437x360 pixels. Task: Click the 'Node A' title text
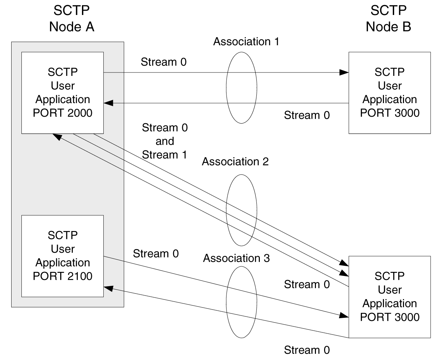(x=71, y=27)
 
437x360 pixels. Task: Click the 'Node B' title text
(x=388, y=27)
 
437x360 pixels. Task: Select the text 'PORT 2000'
(x=63, y=113)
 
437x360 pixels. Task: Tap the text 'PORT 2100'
(x=63, y=276)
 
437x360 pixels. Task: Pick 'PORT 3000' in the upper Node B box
(x=390, y=113)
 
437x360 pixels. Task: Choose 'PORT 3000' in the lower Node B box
(x=390, y=317)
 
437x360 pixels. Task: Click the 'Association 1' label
(x=246, y=42)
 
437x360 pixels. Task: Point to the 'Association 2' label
(x=235, y=161)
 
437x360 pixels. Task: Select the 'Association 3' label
(x=236, y=258)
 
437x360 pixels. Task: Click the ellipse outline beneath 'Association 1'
(x=227, y=88)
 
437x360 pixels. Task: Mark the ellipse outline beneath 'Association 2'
(x=227, y=210)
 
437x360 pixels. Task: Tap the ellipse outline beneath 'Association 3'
(x=227, y=302)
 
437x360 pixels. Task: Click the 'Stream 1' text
(x=165, y=155)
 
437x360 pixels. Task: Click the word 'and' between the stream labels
(x=165, y=141)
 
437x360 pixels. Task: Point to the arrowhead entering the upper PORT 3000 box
(x=344, y=72)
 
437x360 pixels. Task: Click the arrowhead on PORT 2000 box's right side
(x=108, y=103)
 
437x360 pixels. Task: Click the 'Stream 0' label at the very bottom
(x=307, y=350)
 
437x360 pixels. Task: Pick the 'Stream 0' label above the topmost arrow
(x=164, y=62)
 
